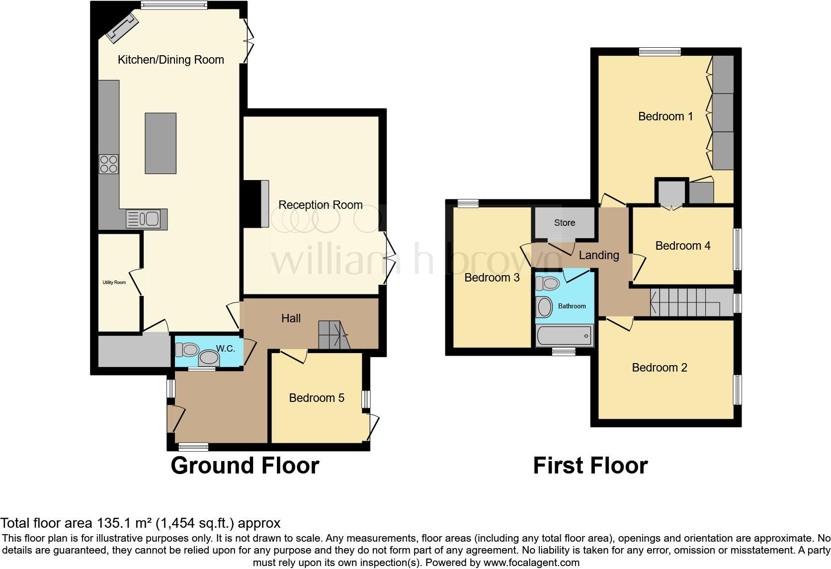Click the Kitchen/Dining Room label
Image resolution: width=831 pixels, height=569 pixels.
[x=170, y=60]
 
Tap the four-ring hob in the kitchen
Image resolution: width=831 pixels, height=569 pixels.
[x=109, y=164]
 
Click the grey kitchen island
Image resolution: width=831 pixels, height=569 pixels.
[x=161, y=143]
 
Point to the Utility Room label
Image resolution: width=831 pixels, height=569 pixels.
[x=114, y=283]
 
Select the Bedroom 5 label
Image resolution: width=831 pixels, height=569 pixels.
[x=317, y=398]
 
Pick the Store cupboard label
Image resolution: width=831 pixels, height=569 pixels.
[x=565, y=223]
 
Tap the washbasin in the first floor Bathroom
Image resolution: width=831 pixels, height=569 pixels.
[x=545, y=307]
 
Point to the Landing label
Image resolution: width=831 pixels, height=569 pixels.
[x=599, y=255]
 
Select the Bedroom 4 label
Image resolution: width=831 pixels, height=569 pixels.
[x=682, y=246]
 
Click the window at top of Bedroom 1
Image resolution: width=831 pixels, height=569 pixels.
[x=660, y=51]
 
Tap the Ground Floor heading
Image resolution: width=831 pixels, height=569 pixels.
[x=245, y=466]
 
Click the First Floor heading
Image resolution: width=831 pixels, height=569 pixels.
[x=590, y=466]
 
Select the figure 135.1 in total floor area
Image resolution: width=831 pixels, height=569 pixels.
[x=108, y=523]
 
